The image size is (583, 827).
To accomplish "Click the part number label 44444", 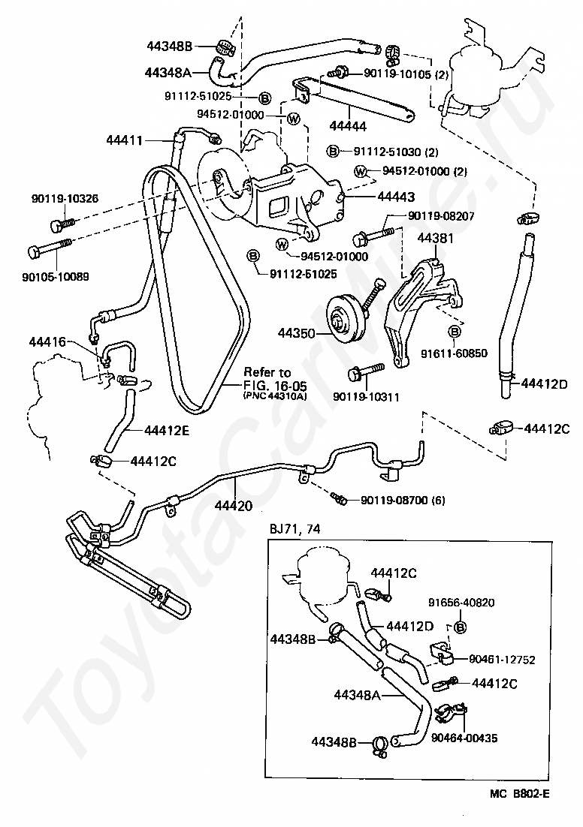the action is tap(348, 127).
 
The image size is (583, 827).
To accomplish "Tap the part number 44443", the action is tap(396, 197).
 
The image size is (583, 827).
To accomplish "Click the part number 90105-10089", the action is tap(56, 276).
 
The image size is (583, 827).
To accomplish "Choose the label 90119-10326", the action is tap(65, 199).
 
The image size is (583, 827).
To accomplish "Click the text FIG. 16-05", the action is tap(275, 385).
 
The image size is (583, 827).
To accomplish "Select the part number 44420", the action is tap(233, 506).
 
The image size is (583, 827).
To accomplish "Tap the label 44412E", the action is tap(167, 430).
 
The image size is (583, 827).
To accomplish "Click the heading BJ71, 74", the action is tap(295, 528).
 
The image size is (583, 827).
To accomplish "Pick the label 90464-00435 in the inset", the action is tap(464, 738).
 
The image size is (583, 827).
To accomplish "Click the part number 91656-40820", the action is tap(461, 603).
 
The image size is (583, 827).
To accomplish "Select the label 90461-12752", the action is tap(502, 660).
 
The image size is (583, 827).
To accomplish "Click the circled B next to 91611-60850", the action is tap(455, 331).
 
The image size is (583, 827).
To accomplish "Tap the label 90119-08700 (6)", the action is tap(403, 500).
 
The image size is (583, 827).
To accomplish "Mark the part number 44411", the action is tap(125, 140).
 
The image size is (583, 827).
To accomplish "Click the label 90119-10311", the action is tap(366, 397).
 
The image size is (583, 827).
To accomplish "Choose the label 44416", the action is tap(47, 341).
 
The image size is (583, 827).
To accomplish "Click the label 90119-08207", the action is tap(441, 215).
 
